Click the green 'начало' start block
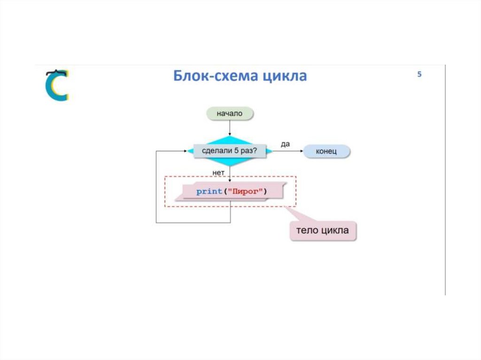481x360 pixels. click(x=230, y=114)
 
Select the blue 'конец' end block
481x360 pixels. click(x=326, y=151)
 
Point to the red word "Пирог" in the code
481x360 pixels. click(x=246, y=191)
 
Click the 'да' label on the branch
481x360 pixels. click(x=285, y=144)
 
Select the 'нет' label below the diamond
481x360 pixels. click(x=218, y=173)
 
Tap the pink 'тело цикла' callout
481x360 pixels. click(x=322, y=230)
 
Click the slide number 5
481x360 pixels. click(x=419, y=74)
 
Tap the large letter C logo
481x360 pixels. click(x=57, y=85)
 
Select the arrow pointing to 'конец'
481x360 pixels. click(x=288, y=151)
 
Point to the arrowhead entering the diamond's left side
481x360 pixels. click(x=185, y=151)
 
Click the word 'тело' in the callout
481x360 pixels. click(x=308, y=230)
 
